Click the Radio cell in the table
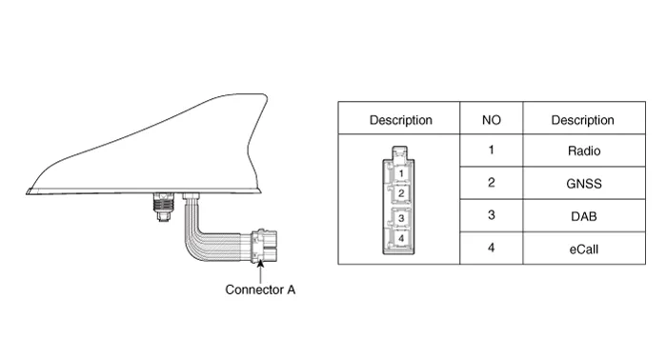pyautogui.click(x=584, y=150)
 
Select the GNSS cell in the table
pyautogui.click(x=584, y=184)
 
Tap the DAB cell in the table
pyautogui.click(x=584, y=216)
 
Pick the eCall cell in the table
pyautogui.click(x=584, y=249)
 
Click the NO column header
pyautogui.click(x=492, y=120)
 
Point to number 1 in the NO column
pyautogui.click(x=492, y=150)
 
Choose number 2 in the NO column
pyautogui.click(x=492, y=183)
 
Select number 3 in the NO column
pyautogui.click(x=492, y=215)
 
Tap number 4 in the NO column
pyautogui.click(x=492, y=248)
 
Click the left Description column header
pyautogui.click(x=401, y=120)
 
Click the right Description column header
pyautogui.click(x=583, y=120)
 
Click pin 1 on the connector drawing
pyautogui.click(x=401, y=173)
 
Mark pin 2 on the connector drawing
pyautogui.click(x=401, y=193)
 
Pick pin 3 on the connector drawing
pyautogui.click(x=401, y=218)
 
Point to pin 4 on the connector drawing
pyautogui.click(x=401, y=238)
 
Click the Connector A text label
pyautogui.click(x=260, y=290)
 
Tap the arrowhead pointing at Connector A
pyautogui.click(x=260, y=263)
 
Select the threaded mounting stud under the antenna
pyautogui.click(x=164, y=208)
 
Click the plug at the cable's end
pyautogui.click(x=264, y=247)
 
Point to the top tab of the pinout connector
pyautogui.click(x=399, y=152)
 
